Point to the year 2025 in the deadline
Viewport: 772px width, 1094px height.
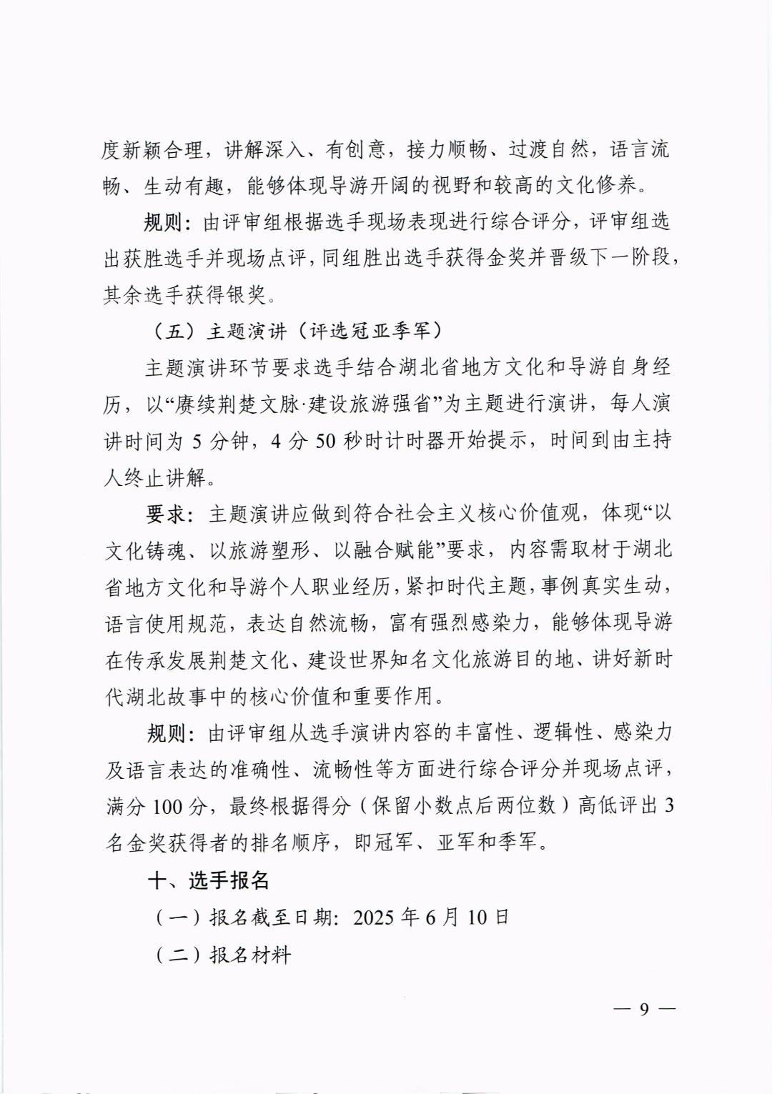point(373,917)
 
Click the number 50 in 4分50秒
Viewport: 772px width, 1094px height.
point(325,441)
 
